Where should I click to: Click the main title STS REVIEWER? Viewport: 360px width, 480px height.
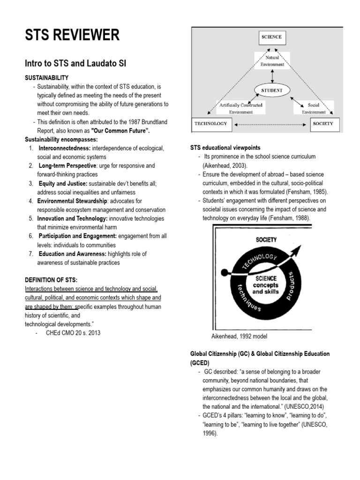(72, 35)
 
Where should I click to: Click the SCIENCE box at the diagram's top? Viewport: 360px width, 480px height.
(271, 37)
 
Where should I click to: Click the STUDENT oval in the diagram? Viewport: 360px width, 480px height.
(271, 90)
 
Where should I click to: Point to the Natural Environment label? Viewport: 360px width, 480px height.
(271, 61)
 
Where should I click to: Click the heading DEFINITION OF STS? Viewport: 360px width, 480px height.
(54, 280)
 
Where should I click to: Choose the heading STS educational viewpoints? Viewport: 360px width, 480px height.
(225, 148)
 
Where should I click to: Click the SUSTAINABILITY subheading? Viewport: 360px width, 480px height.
(46, 78)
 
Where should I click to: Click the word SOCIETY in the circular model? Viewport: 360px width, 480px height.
(266, 240)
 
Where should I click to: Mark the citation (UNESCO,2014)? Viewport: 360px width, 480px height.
(304, 406)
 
